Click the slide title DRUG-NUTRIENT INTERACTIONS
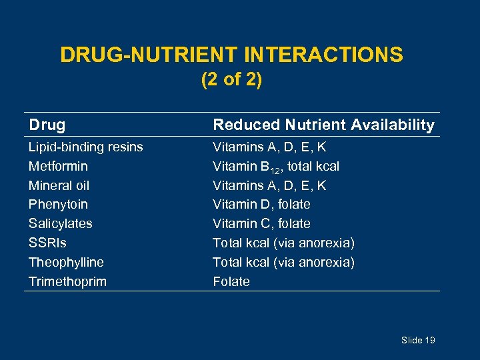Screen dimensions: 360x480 coord(231,54)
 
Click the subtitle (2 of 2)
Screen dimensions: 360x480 coord(231,80)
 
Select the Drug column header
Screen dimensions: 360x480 coord(47,125)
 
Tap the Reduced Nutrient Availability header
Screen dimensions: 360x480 coord(323,125)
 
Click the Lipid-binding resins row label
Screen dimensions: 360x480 coord(85,147)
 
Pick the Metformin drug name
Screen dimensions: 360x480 coord(58,166)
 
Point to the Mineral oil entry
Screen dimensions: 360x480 coord(59,185)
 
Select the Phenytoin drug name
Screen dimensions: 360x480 coord(58,204)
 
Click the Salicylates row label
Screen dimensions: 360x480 coord(60,223)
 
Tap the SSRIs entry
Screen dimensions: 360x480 coord(47,243)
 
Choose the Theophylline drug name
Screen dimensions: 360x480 coord(66,262)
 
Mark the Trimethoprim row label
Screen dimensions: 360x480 coord(67,281)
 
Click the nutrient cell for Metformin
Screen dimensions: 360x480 coord(276,166)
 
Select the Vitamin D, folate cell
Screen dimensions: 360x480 coord(261,204)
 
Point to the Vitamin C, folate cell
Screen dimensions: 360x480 coord(261,223)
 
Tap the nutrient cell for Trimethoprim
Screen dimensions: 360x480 coord(231,281)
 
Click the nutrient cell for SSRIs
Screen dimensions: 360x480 coord(283,243)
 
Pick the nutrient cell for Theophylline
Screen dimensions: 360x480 coord(283,262)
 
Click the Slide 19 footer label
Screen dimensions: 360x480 coord(418,340)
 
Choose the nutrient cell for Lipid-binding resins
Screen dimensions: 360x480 coord(269,147)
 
